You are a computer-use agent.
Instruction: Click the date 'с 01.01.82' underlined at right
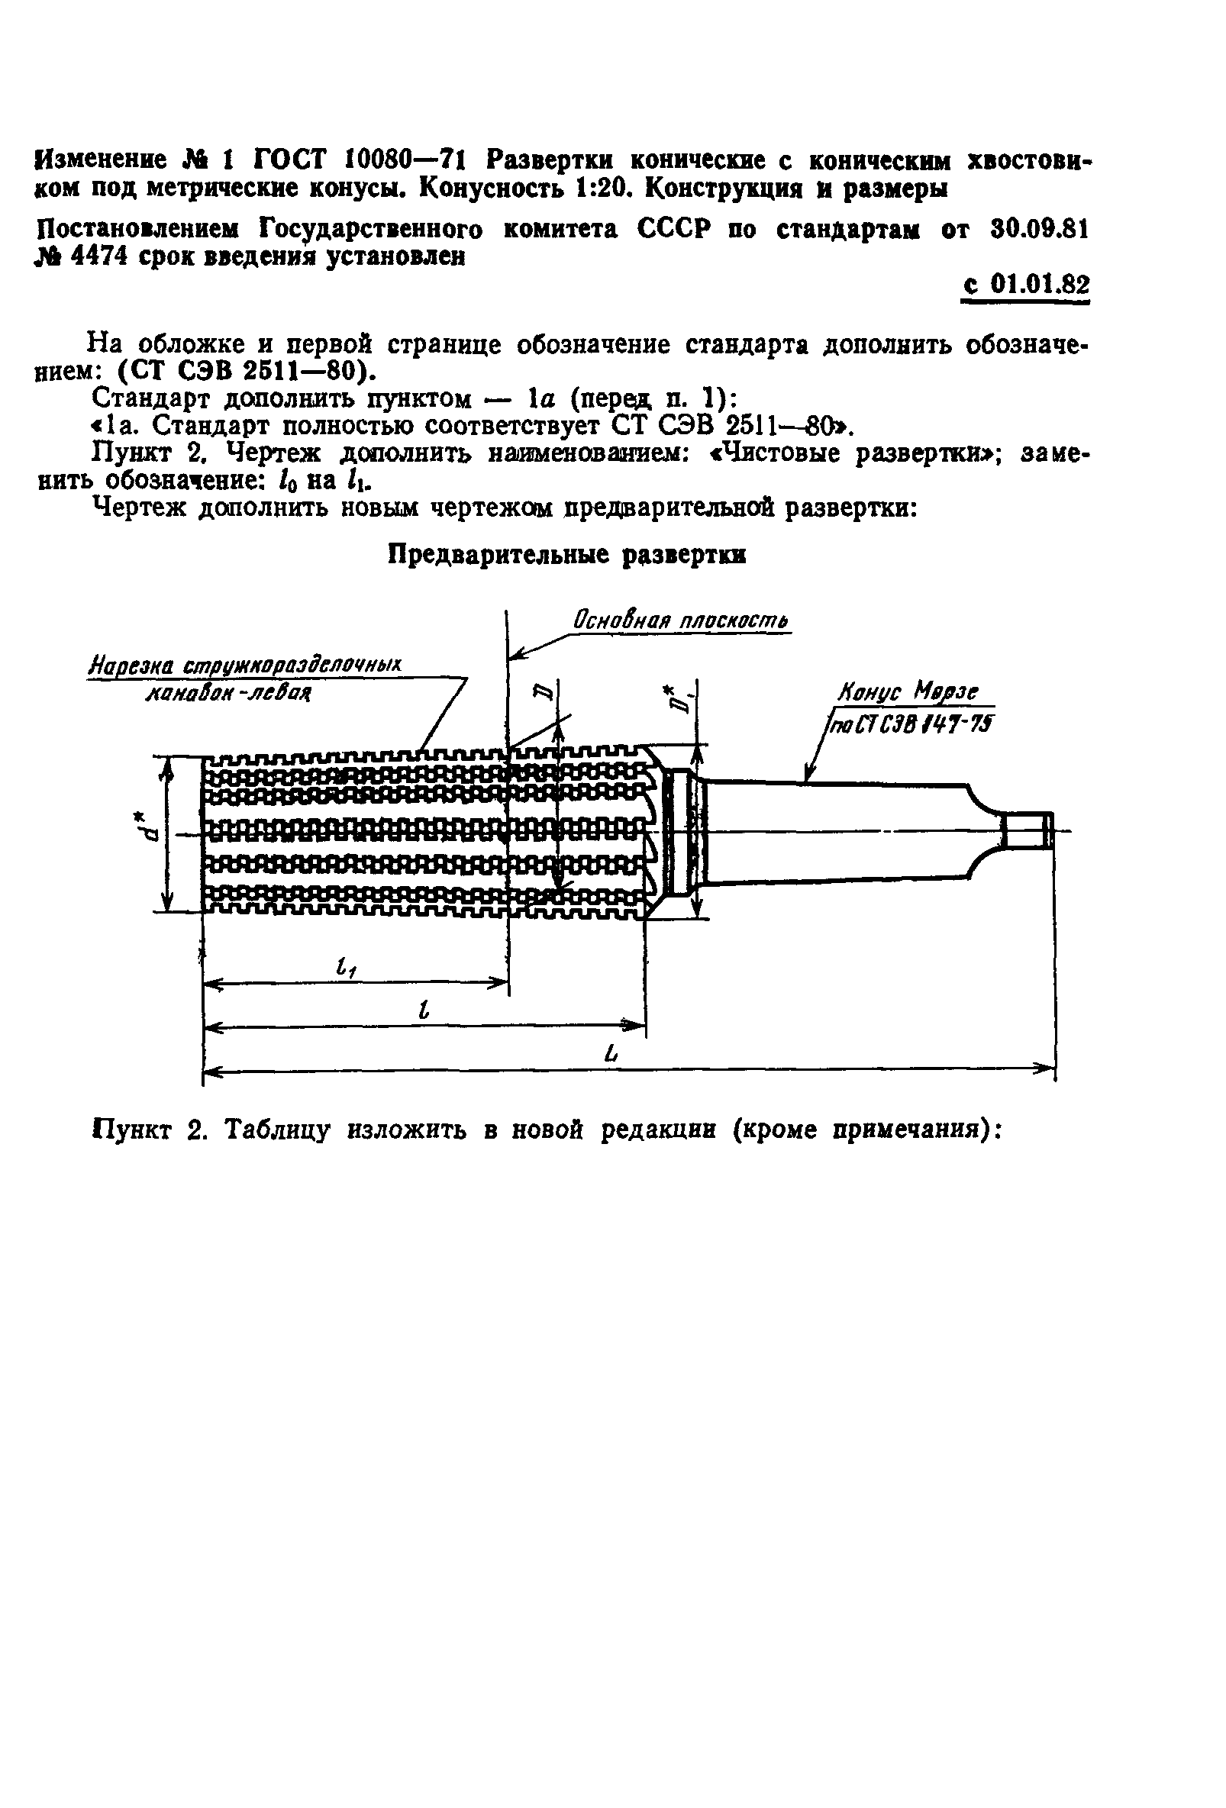pyautogui.click(x=1025, y=285)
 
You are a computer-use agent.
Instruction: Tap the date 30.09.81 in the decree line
pyautogui.click(x=1039, y=230)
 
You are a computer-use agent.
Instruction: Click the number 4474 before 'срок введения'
pyautogui.click(x=98, y=256)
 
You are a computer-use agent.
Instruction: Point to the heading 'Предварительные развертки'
pyautogui.click(x=566, y=555)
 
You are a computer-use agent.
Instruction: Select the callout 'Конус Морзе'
pyautogui.click(x=907, y=691)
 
